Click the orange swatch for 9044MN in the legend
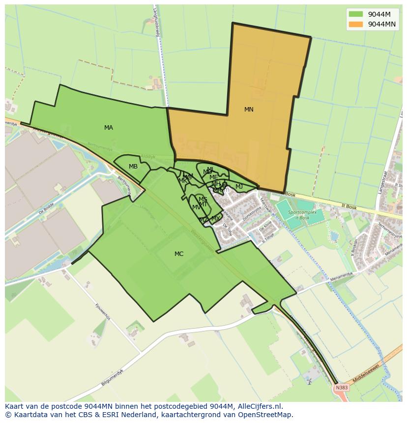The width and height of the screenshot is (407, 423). click(356, 24)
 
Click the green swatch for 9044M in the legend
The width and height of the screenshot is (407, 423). click(356, 14)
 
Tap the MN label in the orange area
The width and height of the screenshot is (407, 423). click(249, 110)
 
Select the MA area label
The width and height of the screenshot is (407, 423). click(109, 128)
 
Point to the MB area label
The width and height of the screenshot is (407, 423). click(133, 167)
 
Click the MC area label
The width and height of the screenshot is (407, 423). click(179, 254)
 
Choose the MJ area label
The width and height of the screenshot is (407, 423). click(239, 187)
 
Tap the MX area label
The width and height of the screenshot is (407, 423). click(215, 219)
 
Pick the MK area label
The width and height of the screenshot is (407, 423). click(182, 181)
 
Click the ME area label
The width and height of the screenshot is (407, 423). click(213, 177)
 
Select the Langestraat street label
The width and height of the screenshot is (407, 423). click(382, 183)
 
